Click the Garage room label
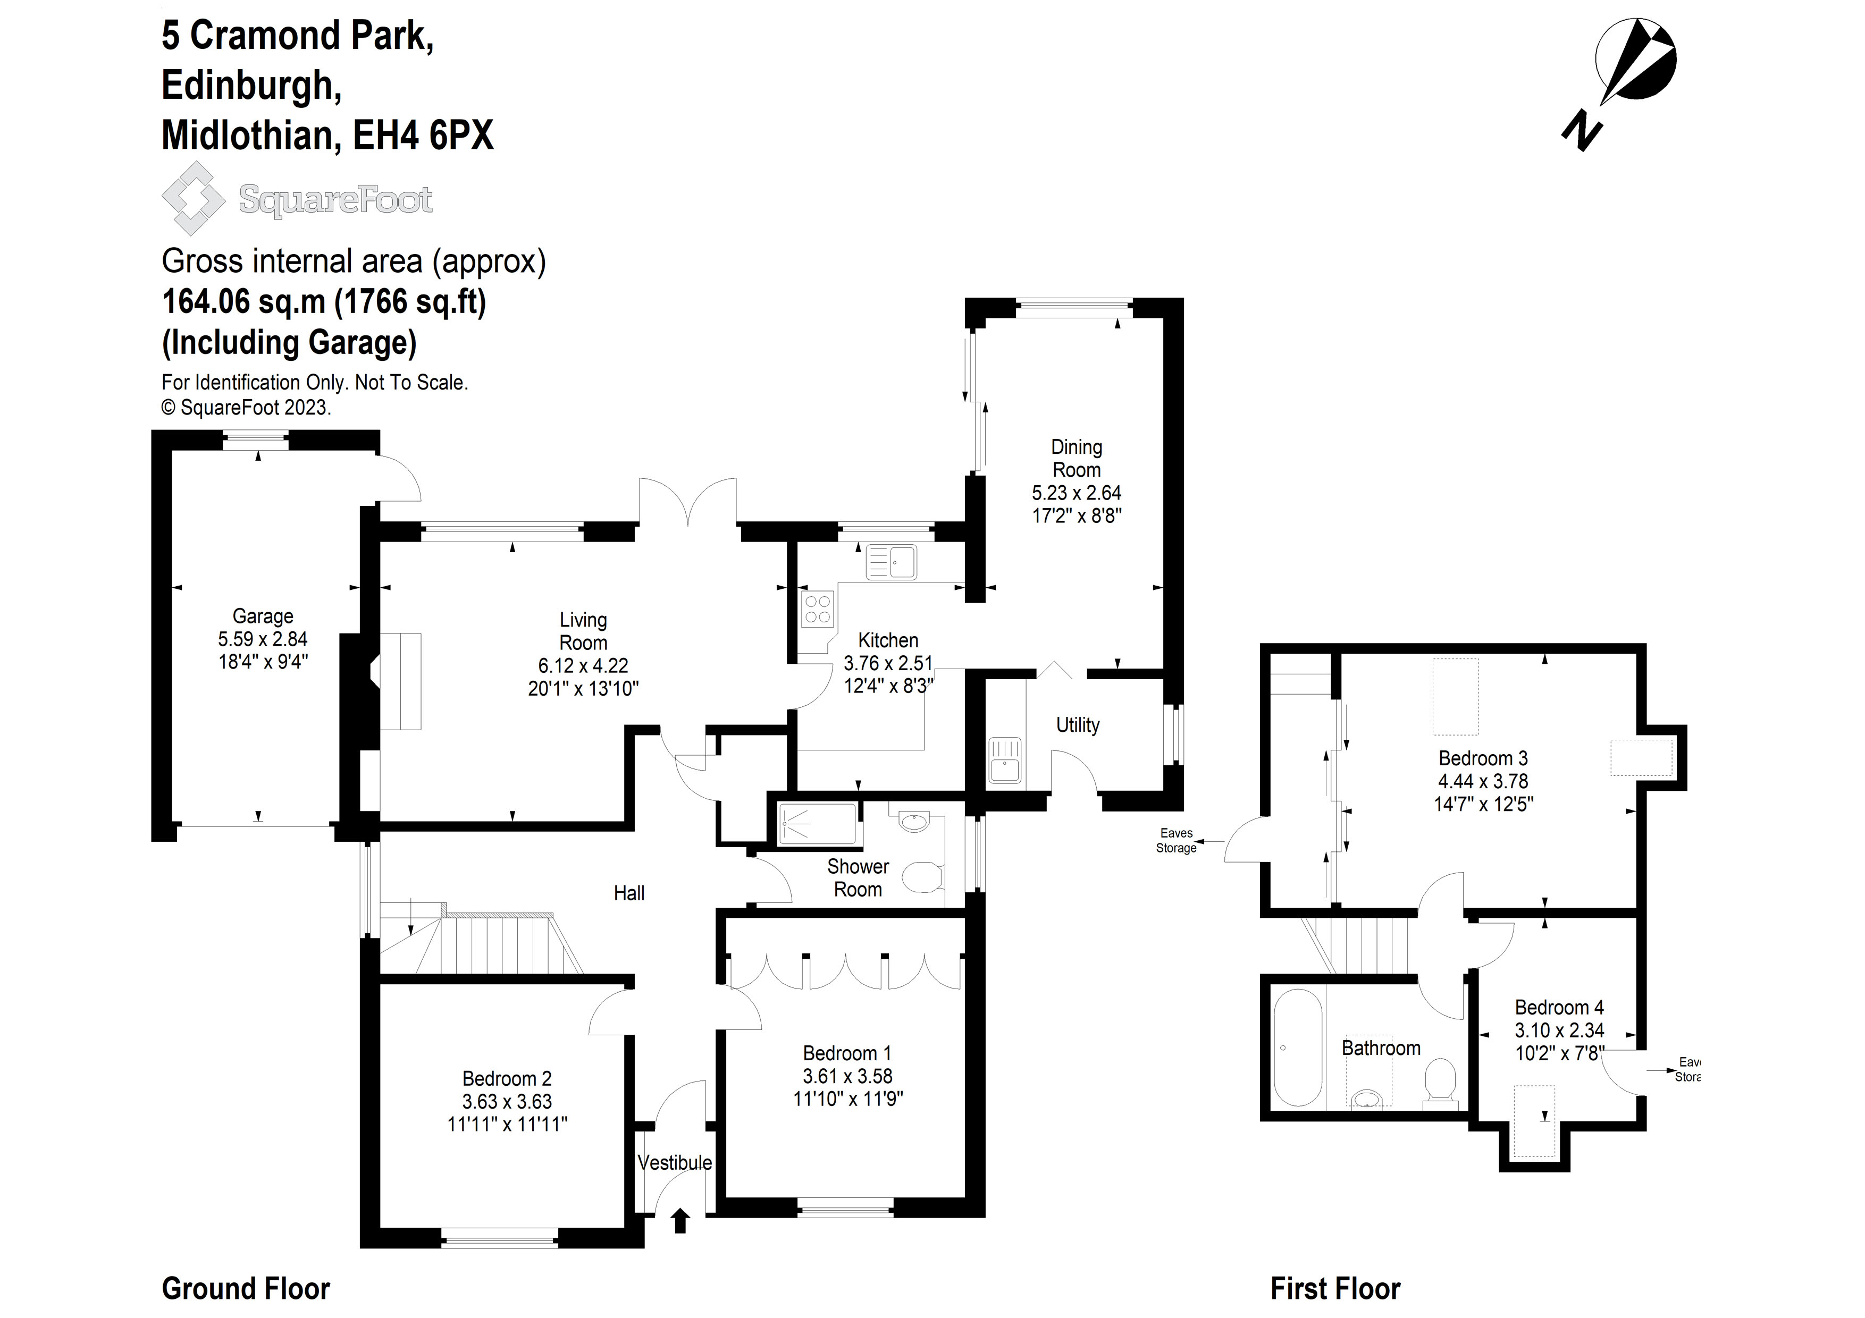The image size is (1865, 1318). point(263,616)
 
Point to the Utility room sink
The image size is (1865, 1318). point(1005,760)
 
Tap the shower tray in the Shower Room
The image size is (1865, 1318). point(817,824)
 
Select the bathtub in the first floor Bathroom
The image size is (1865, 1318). point(1297,1047)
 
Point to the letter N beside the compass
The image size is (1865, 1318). point(1582,132)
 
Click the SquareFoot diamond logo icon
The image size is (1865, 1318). point(194,198)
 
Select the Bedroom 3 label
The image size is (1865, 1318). point(1482,758)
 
